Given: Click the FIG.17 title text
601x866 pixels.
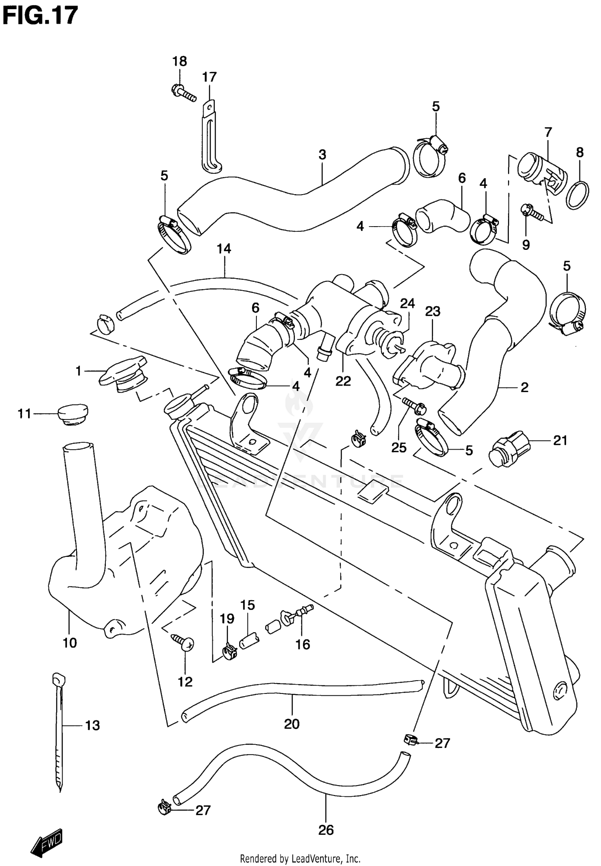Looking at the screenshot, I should [40, 15].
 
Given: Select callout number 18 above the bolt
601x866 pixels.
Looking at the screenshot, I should [179, 61].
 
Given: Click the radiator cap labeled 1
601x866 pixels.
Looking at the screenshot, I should [122, 372].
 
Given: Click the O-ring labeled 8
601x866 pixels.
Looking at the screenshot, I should [577, 195].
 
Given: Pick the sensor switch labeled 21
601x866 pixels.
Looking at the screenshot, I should [507, 449].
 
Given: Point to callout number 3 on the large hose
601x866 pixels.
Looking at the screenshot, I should [322, 155].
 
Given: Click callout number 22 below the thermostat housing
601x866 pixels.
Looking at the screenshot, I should [343, 381].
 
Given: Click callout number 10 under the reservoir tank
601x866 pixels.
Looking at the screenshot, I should [70, 643].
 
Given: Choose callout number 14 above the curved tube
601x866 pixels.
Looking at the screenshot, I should [224, 249].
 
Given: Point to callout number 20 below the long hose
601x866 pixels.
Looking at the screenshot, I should [292, 724].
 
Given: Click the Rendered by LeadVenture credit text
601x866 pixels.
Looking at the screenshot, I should [300, 858].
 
